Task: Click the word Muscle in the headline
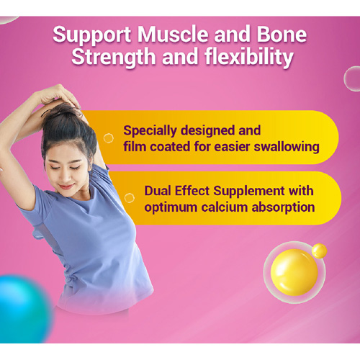[173, 35]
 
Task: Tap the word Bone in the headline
[282, 35]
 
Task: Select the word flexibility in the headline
[249, 58]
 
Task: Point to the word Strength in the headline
[114, 58]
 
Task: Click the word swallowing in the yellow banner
[287, 147]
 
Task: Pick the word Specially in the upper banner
[150, 131]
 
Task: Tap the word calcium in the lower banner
[224, 207]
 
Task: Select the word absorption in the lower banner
[283, 207]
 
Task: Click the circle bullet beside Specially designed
[109, 138]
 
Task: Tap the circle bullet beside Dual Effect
[130, 198]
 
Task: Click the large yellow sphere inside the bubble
[294, 272]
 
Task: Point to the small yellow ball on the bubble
[320, 251]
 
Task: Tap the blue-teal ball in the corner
[24, 309]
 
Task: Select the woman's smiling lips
[66, 186]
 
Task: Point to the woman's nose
[66, 177]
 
